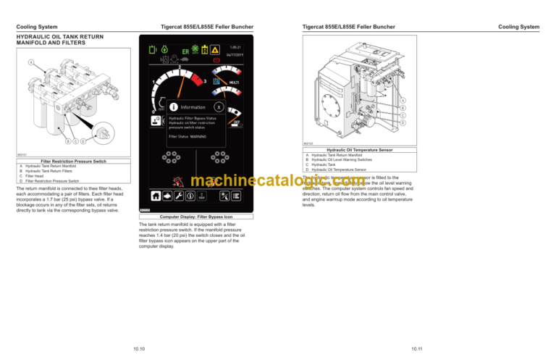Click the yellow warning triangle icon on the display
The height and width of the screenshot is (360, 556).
click(214, 50)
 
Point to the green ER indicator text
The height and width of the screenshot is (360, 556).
click(185, 51)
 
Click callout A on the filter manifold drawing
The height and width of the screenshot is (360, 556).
click(30, 62)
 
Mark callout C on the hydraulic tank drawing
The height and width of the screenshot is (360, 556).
click(403, 115)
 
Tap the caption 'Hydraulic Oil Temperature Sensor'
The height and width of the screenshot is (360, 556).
click(358, 149)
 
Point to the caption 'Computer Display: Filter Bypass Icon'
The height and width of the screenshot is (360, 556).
click(195, 217)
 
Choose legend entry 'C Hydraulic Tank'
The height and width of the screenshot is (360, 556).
click(320, 164)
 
